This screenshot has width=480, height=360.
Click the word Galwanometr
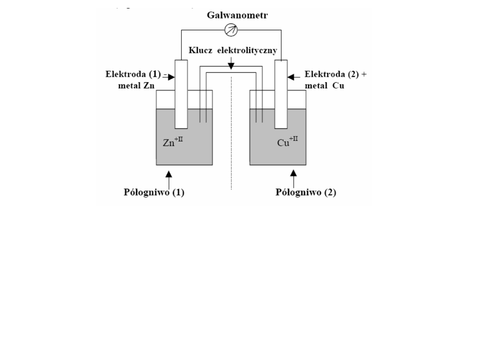231,16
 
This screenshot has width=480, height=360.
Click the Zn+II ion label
173,143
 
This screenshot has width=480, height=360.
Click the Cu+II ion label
288,143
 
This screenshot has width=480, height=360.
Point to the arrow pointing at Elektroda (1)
169,77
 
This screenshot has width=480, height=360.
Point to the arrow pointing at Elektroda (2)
293,77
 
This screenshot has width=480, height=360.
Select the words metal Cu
325,85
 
